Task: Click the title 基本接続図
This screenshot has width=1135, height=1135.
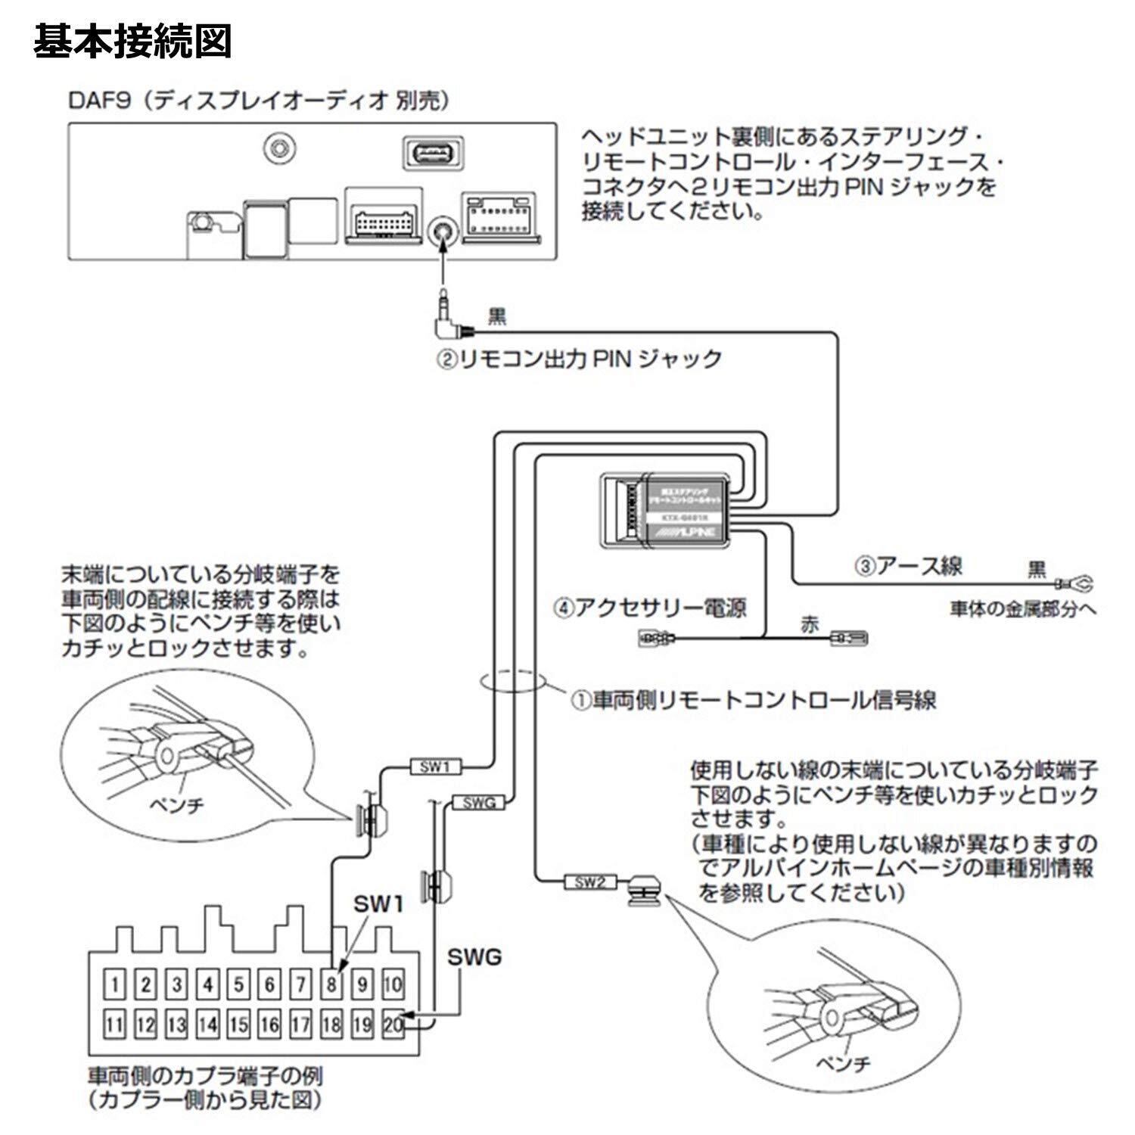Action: [132, 42]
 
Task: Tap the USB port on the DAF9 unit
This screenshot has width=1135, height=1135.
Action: [433, 154]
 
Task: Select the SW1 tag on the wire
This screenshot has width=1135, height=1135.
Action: [434, 767]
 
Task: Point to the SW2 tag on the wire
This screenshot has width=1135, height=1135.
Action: [590, 882]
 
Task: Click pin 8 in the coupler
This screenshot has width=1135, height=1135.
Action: [331, 984]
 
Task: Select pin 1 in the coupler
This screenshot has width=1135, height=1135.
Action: [114, 984]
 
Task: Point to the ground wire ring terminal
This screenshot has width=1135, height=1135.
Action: [1077, 584]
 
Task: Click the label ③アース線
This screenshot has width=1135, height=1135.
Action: [909, 566]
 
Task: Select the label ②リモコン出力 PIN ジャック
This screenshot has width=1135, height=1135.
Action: [578, 359]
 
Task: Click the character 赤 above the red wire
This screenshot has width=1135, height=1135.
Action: [810, 626]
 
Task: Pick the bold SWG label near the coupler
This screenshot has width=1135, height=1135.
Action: [474, 957]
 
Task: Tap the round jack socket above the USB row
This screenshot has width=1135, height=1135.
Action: [280, 147]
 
